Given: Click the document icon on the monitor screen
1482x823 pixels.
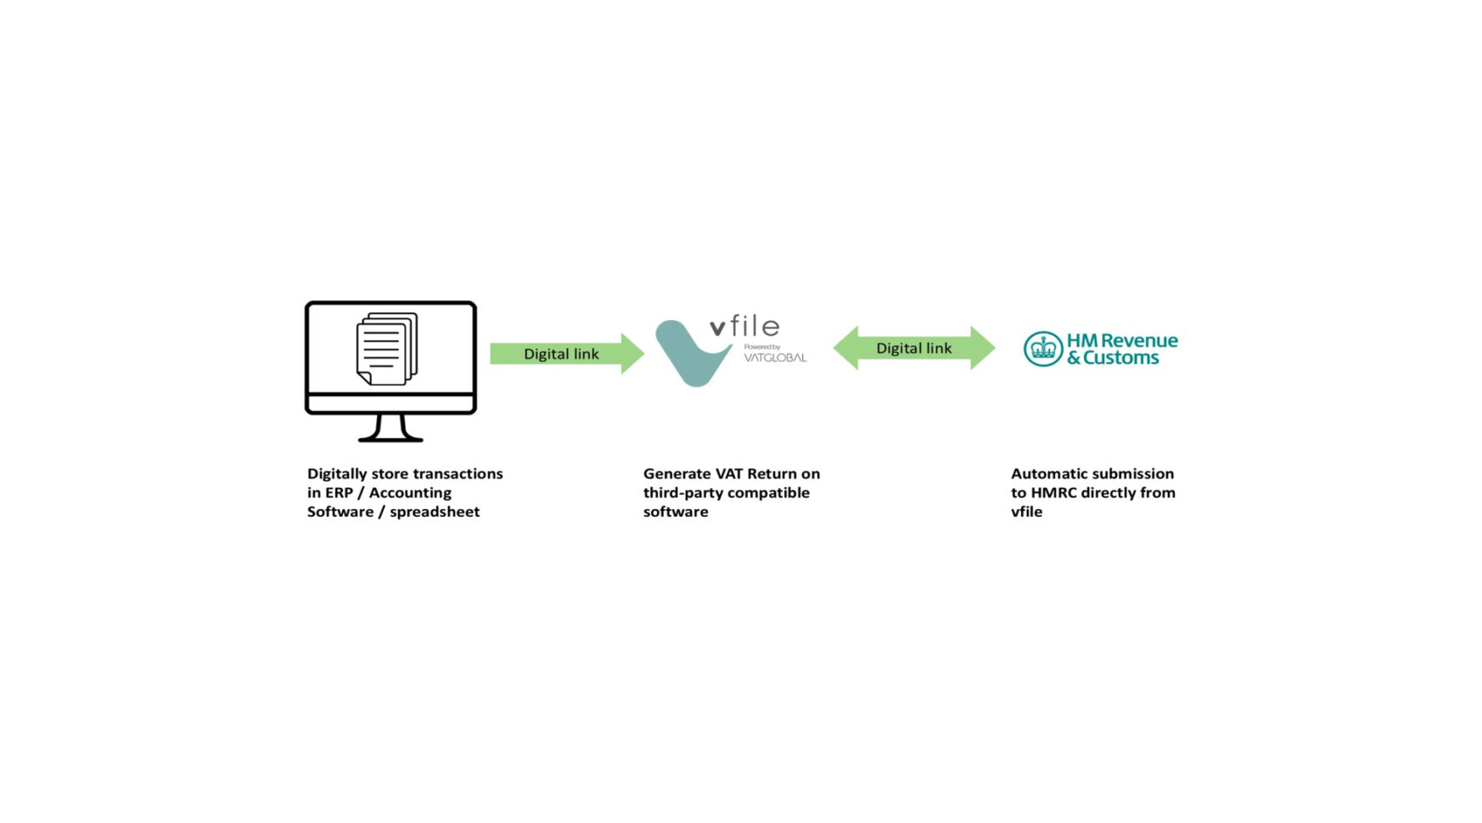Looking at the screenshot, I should click(387, 349).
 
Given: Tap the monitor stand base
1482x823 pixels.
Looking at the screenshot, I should click(390, 438).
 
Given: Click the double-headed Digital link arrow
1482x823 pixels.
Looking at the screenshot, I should click(914, 348).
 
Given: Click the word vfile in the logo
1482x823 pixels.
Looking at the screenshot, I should click(744, 327).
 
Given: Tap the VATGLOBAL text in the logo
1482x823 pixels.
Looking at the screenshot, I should click(775, 357).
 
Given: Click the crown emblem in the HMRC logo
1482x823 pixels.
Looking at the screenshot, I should click(1043, 349).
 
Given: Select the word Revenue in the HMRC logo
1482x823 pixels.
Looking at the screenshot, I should click(1138, 340).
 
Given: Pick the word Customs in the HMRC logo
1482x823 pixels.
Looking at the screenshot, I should click(1120, 358).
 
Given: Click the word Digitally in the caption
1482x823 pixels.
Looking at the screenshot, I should click(337, 474).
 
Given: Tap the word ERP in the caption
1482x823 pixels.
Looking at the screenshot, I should click(339, 493).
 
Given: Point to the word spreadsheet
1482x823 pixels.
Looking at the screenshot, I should click(435, 512).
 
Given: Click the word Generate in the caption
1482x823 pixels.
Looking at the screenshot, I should click(676, 474).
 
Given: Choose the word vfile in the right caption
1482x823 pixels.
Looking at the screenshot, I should click(1026, 512).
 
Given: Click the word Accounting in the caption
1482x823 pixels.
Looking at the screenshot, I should click(410, 493).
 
